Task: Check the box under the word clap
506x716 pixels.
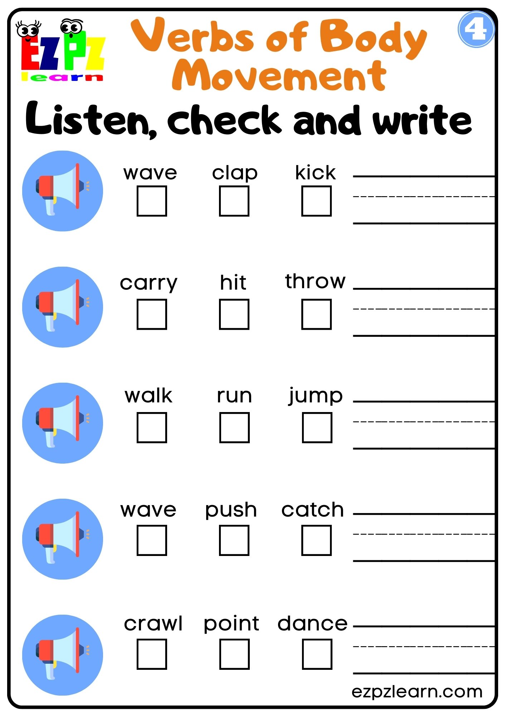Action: (x=234, y=201)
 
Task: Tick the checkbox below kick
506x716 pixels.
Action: (x=316, y=201)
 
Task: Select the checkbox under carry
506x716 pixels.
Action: (x=152, y=314)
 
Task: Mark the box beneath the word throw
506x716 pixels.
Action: (x=316, y=314)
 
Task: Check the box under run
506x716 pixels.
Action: (x=234, y=427)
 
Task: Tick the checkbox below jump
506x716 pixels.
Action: (x=317, y=427)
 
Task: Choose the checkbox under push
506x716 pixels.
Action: (x=234, y=540)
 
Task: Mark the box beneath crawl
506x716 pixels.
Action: (x=152, y=654)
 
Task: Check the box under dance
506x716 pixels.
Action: (x=317, y=654)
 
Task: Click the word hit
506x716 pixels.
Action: (x=233, y=282)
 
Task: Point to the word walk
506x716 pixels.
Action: (x=149, y=396)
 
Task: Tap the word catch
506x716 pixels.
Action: (x=312, y=509)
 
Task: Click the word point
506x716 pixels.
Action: (x=231, y=623)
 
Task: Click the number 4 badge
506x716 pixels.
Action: (x=476, y=29)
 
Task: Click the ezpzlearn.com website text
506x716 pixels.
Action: (x=417, y=691)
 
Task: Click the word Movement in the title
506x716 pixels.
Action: (x=279, y=76)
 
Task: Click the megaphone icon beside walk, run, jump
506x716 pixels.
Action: (x=63, y=423)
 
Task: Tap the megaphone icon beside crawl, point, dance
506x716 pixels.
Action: (x=63, y=655)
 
